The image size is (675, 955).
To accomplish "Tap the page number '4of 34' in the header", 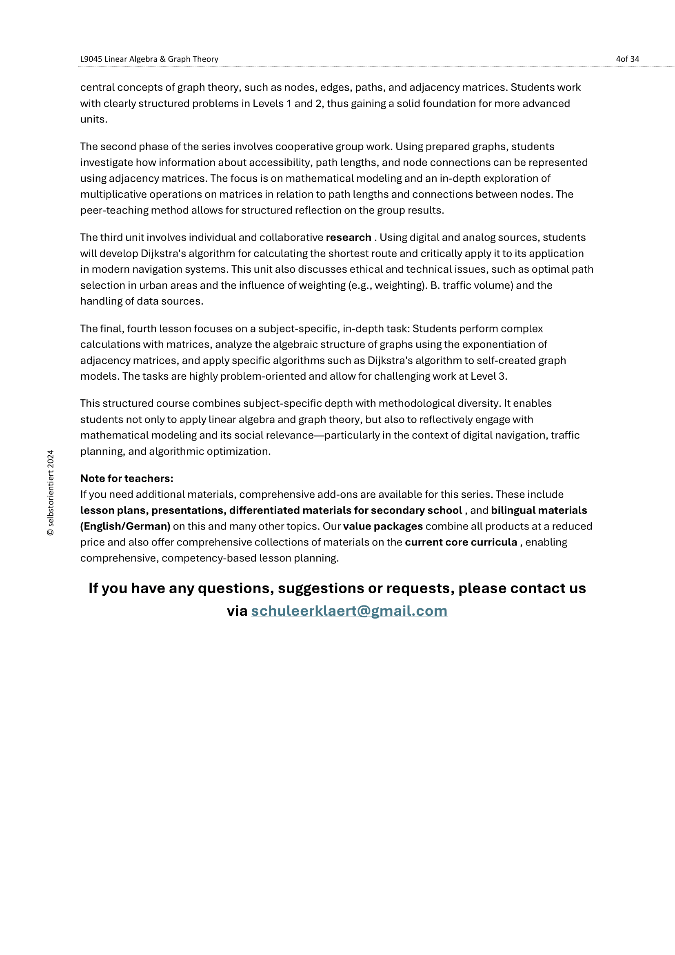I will pyautogui.click(x=627, y=59).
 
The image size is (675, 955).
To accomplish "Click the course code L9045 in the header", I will pyautogui.click(x=91, y=59).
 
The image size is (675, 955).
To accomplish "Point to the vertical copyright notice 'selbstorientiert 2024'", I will pyautogui.click(x=51, y=492).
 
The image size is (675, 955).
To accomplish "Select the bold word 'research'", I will pyautogui.click(x=348, y=238).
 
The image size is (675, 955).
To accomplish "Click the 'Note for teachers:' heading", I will pyautogui.click(x=127, y=479).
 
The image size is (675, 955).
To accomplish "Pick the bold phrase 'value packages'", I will pyautogui.click(x=383, y=526).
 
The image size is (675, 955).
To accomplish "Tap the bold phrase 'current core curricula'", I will pyautogui.click(x=461, y=542).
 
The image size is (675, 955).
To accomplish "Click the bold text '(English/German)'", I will pyautogui.click(x=125, y=526).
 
